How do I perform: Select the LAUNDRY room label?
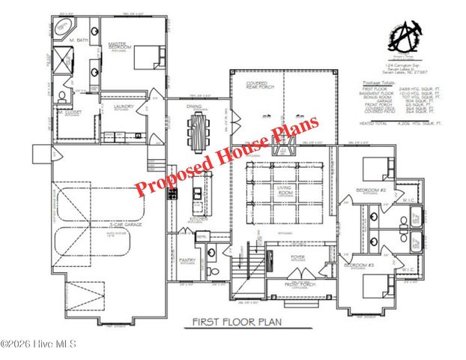(124, 107)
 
